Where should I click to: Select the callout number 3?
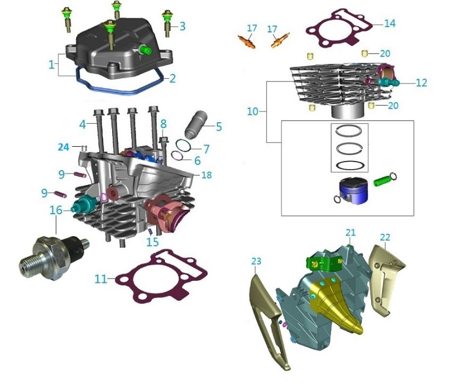tap(182, 26)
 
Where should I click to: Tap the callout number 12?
tap(421, 83)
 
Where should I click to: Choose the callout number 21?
tap(349, 232)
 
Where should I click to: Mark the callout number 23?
tap(256, 261)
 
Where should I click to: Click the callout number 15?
tap(153, 242)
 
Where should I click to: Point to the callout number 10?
tap(253, 112)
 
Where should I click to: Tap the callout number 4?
tap(83, 125)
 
